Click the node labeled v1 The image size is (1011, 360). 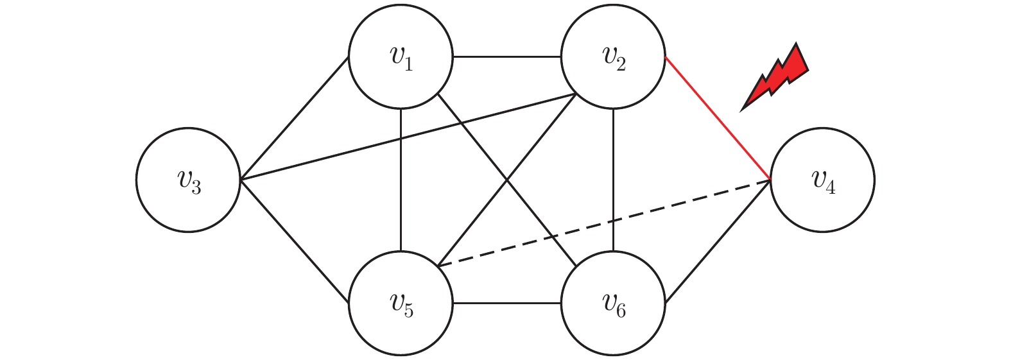[401, 57]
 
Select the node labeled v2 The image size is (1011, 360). [613, 57]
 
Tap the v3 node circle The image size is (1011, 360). [188, 180]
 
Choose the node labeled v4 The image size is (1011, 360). [822, 180]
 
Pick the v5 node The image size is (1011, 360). [401, 303]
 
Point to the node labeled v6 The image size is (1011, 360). [613, 303]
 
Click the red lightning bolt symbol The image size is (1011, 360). [775, 77]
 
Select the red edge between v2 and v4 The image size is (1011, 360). [718, 118]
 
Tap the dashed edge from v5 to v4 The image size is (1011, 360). [605, 223]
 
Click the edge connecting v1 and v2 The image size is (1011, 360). [507, 57]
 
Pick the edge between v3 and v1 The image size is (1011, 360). [294, 118]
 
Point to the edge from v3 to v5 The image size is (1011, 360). [294, 241]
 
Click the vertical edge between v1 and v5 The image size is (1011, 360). [401, 180]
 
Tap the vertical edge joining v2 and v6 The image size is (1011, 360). [613, 180]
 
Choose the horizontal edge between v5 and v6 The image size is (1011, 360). [507, 303]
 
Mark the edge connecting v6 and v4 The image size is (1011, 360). [718, 241]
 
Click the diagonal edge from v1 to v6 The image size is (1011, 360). [507, 180]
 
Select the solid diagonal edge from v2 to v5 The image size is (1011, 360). [507, 180]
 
